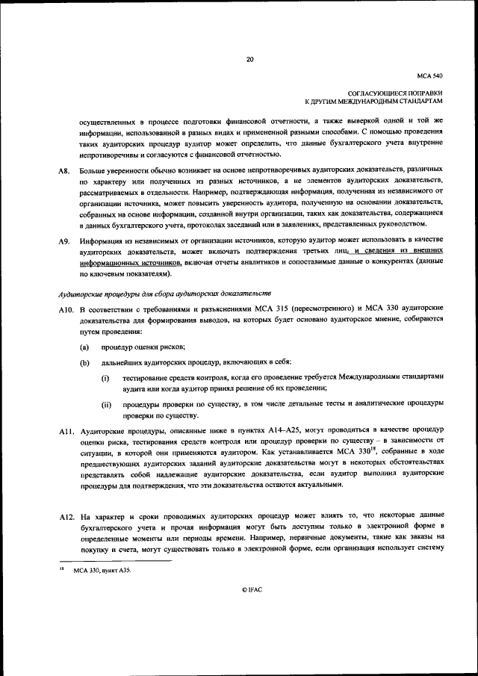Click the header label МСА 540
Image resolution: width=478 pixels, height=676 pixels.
point(432,76)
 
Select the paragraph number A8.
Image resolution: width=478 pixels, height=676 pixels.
point(64,171)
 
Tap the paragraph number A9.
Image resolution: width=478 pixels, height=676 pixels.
point(64,241)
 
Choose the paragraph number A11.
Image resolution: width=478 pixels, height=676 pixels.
point(66,431)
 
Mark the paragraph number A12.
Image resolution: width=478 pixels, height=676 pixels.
point(66,516)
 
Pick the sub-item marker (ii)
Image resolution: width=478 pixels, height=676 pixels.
point(106,404)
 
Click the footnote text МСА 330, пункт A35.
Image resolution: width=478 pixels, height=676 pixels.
point(100,571)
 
